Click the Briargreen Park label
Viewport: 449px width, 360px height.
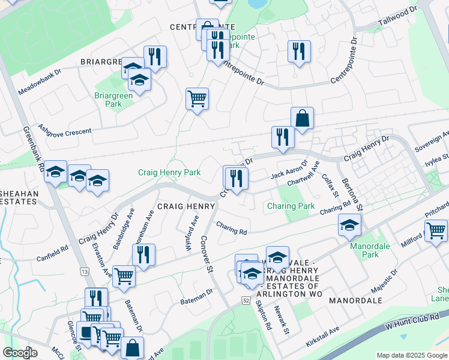[x=108, y=100]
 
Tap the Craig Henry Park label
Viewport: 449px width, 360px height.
[x=169, y=172]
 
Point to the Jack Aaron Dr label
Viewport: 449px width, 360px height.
[x=289, y=169]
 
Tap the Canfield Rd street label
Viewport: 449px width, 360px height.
[x=57, y=251]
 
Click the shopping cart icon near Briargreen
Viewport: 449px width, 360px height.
[x=197, y=98]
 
